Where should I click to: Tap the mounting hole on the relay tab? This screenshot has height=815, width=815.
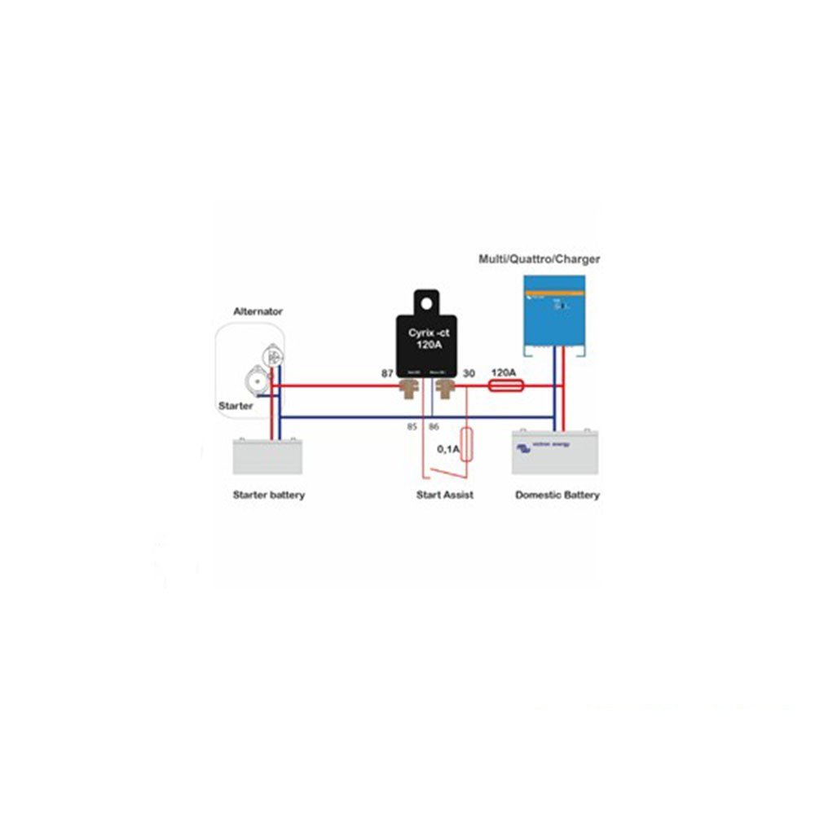click(x=425, y=302)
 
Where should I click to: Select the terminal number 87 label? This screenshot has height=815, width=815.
click(x=387, y=372)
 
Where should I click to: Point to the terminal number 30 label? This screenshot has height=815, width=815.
click(x=469, y=372)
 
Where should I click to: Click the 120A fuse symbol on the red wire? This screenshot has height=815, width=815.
click(x=504, y=386)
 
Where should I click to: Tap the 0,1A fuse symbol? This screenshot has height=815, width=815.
click(x=466, y=444)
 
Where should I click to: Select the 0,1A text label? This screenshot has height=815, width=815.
click(x=447, y=449)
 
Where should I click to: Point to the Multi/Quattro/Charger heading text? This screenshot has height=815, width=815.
click(x=539, y=259)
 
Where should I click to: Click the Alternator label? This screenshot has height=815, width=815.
click(x=258, y=311)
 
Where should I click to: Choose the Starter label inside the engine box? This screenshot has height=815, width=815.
click(x=235, y=405)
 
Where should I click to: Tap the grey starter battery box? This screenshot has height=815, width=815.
click(x=267, y=456)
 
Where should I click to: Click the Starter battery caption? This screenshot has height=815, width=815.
click(x=268, y=495)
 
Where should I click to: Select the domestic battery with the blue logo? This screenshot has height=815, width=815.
click(x=554, y=452)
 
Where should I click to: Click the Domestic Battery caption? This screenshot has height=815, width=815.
click(x=557, y=495)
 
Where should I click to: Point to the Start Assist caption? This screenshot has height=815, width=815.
click(x=444, y=495)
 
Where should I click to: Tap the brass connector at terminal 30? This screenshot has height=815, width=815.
click(x=445, y=387)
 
